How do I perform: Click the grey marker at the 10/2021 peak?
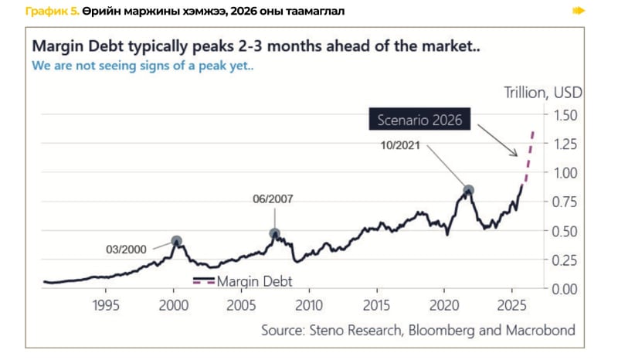tap(468, 190)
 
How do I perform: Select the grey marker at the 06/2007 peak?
tap(274, 233)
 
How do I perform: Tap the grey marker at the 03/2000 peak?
tap(176, 241)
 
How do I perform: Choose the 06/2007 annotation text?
tap(273, 199)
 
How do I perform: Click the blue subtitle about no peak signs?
tap(143, 65)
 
